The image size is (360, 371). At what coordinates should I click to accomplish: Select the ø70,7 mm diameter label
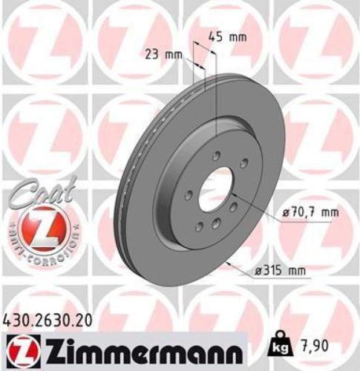[310, 214]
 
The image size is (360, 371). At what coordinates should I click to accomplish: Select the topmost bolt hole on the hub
[216, 156]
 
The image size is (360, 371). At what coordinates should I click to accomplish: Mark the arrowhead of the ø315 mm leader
[227, 262]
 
